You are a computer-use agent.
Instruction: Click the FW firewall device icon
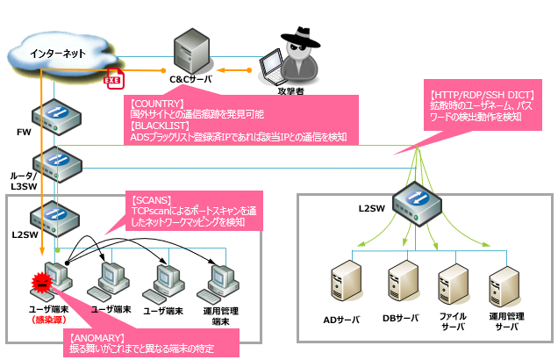point(47,115)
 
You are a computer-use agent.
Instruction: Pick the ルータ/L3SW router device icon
point(48,162)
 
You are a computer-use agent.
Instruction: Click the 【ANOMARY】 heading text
point(97,338)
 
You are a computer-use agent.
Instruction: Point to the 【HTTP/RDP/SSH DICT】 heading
point(483,95)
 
